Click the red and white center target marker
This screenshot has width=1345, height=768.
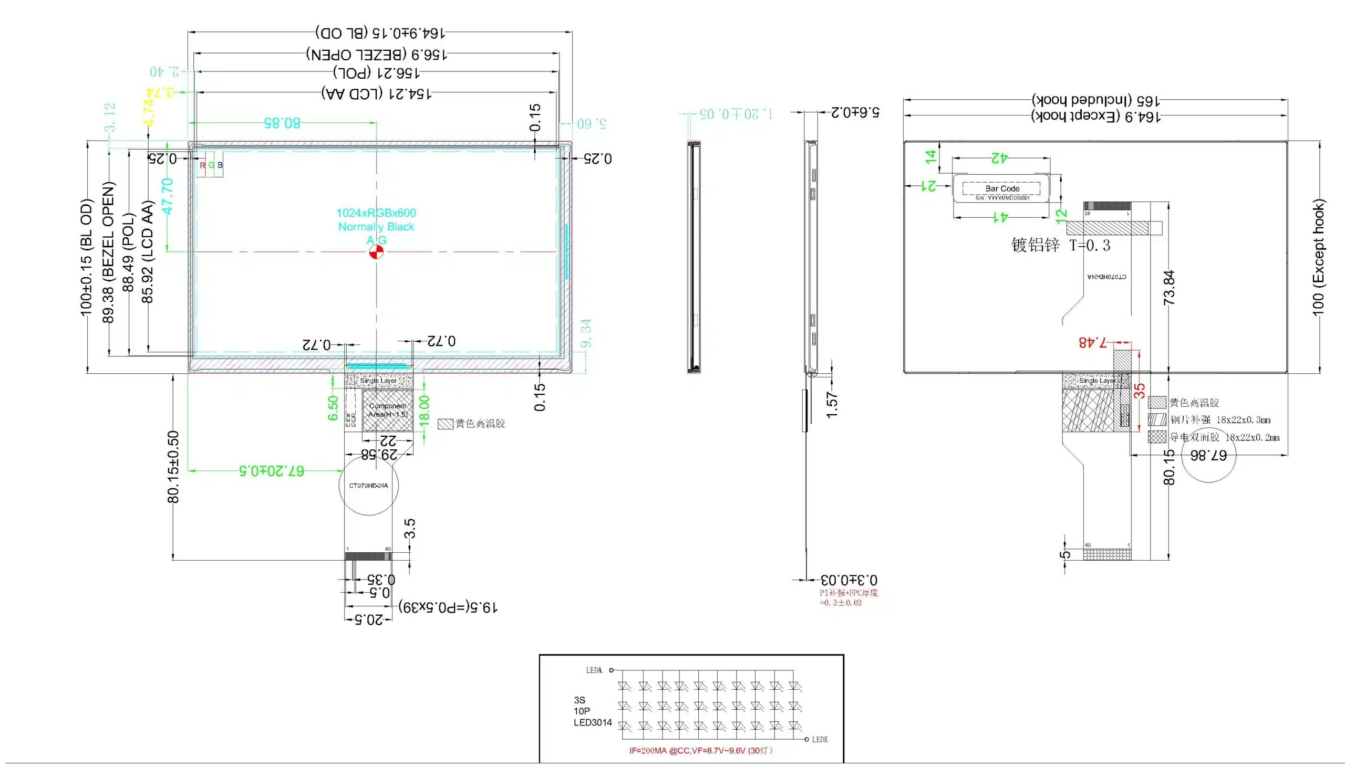click(376, 252)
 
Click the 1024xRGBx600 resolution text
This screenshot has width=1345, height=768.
click(376, 213)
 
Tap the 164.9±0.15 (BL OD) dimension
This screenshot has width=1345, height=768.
click(380, 33)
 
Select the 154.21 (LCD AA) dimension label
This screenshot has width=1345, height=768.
click(377, 93)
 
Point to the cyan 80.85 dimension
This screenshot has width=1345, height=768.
click(283, 123)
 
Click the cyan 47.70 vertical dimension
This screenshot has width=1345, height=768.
click(168, 196)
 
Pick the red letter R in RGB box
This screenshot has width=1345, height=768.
click(203, 165)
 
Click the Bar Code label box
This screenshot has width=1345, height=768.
click(1002, 188)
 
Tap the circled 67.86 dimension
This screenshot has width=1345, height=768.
click(1208, 455)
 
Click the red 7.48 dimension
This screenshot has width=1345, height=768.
click(1093, 342)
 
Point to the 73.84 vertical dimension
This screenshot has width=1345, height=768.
click(1169, 288)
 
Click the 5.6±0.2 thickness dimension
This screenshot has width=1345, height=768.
click(855, 112)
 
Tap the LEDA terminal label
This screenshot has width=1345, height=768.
click(594, 670)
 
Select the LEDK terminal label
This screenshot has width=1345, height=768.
click(820, 740)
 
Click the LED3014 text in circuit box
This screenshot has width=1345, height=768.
click(593, 723)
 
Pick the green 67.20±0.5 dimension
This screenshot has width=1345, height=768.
click(272, 470)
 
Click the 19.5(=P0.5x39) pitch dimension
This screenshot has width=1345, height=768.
click(448, 607)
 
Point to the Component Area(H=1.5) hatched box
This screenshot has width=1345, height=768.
click(387, 411)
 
